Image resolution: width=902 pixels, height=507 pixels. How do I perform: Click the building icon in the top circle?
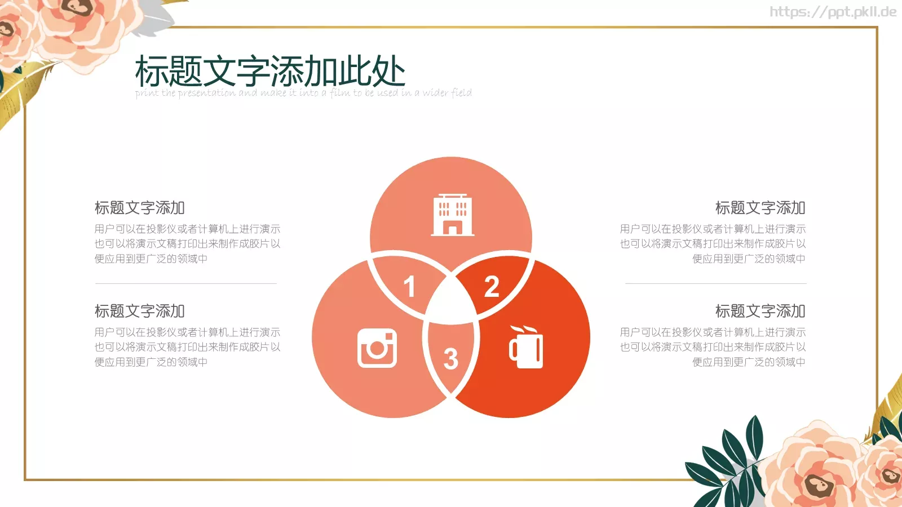(x=452, y=215)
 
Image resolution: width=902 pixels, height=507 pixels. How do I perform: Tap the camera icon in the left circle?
(x=377, y=348)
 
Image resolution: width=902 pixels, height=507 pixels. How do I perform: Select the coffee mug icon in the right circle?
(x=527, y=348)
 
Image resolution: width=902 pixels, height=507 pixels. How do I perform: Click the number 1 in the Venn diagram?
(x=409, y=287)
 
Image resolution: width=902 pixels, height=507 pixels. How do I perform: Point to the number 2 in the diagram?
(x=492, y=287)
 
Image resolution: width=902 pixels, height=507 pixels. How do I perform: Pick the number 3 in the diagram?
(x=450, y=359)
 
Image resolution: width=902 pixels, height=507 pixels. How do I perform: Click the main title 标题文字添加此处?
(x=270, y=72)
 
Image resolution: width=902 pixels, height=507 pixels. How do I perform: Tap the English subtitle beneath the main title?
(x=303, y=93)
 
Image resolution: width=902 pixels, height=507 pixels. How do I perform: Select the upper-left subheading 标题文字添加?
(x=140, y=208)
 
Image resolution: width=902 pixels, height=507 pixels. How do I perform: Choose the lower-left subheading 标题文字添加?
(x=140, y=311)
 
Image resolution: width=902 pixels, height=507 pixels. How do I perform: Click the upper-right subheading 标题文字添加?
(x=760, y=208)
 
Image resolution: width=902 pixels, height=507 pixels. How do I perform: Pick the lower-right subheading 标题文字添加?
(x=760, y=311)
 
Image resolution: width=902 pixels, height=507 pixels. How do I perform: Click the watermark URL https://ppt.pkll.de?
(x=833, y=12)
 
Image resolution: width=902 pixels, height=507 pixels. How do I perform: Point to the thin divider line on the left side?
(x=186, y=283)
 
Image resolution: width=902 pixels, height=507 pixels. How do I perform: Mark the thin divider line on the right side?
(x=716, y=283)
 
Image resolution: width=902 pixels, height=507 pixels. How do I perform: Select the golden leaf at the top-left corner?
(x=23, y=90)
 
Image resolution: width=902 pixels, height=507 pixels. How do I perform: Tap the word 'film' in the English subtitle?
(x=340, y=93)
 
